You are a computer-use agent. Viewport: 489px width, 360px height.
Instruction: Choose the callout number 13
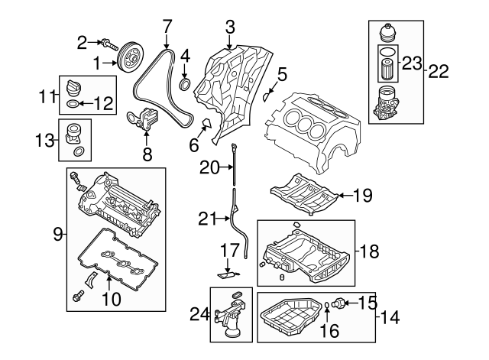(46, 141)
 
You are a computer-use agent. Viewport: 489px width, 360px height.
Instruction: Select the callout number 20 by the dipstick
(208, 166)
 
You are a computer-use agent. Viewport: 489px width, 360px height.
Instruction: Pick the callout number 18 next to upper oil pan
(369, 250)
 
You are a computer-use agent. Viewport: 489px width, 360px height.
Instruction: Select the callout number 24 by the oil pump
(199, 313)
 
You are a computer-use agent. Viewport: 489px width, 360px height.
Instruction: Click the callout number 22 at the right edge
(439, 71)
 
